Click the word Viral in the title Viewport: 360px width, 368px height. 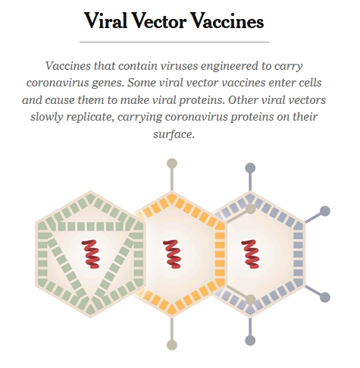[105, 20]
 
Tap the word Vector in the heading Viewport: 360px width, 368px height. [159, 20]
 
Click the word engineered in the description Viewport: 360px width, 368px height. [230, 66]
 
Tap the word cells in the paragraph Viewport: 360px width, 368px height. [308, 83]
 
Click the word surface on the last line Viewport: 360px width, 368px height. [174, 134]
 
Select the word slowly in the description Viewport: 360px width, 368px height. [46, 117]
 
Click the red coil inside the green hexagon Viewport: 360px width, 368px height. [90, 254]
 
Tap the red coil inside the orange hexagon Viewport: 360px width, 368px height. [172, 254]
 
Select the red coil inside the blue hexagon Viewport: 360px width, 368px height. [250, 254]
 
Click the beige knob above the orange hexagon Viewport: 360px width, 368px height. [172, 163]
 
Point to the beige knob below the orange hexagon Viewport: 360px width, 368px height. [172, 345]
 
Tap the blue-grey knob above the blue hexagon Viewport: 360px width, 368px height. [250, 168]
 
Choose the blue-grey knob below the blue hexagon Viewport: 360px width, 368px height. [250, 341]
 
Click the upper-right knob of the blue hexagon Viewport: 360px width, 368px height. [325, 211]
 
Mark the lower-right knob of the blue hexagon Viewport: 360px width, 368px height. [325, 297]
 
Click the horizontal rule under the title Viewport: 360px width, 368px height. [174, 42]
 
